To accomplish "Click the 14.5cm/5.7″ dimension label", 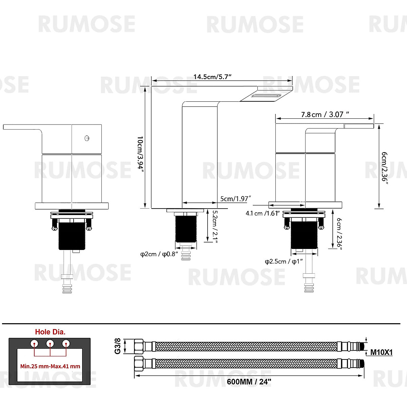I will [213, 77].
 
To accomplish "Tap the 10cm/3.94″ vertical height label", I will [140, 154].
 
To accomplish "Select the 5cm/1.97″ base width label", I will [235, 199].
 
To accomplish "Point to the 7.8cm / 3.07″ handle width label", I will [325, 115].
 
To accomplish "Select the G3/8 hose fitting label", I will [118, 346].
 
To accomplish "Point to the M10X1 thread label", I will [381, 352].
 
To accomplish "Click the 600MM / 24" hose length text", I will [249, 382].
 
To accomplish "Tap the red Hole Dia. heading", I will [50, 332].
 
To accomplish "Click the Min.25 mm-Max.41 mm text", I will [50, 366].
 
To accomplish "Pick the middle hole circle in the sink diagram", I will [50, 343].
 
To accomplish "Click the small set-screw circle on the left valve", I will [87, 138].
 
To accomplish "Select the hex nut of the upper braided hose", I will [139, 346].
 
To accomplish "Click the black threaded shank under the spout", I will [186, 227].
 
